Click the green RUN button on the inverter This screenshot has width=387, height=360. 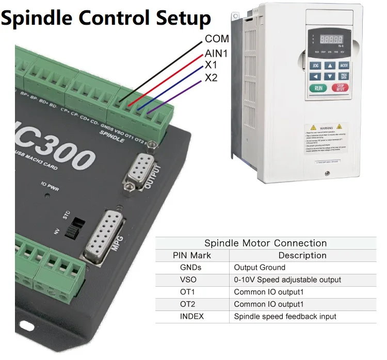[318, 88]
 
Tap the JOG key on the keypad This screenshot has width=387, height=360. [315, 66]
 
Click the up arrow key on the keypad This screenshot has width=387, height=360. [329, 66]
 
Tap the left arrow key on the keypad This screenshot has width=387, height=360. [315, 76]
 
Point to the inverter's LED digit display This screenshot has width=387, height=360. [332, 40]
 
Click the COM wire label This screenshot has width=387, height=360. [217, 39]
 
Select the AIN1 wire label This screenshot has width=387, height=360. [216, 53]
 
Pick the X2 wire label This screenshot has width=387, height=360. [211, 78]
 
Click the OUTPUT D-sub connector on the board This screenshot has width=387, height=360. [138, 169]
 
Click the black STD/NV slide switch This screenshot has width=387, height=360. [76, 227]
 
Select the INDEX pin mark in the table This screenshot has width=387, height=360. [191, 316]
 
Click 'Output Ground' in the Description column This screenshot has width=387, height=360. [260, 267]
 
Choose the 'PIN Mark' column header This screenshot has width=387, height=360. [191, 255]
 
